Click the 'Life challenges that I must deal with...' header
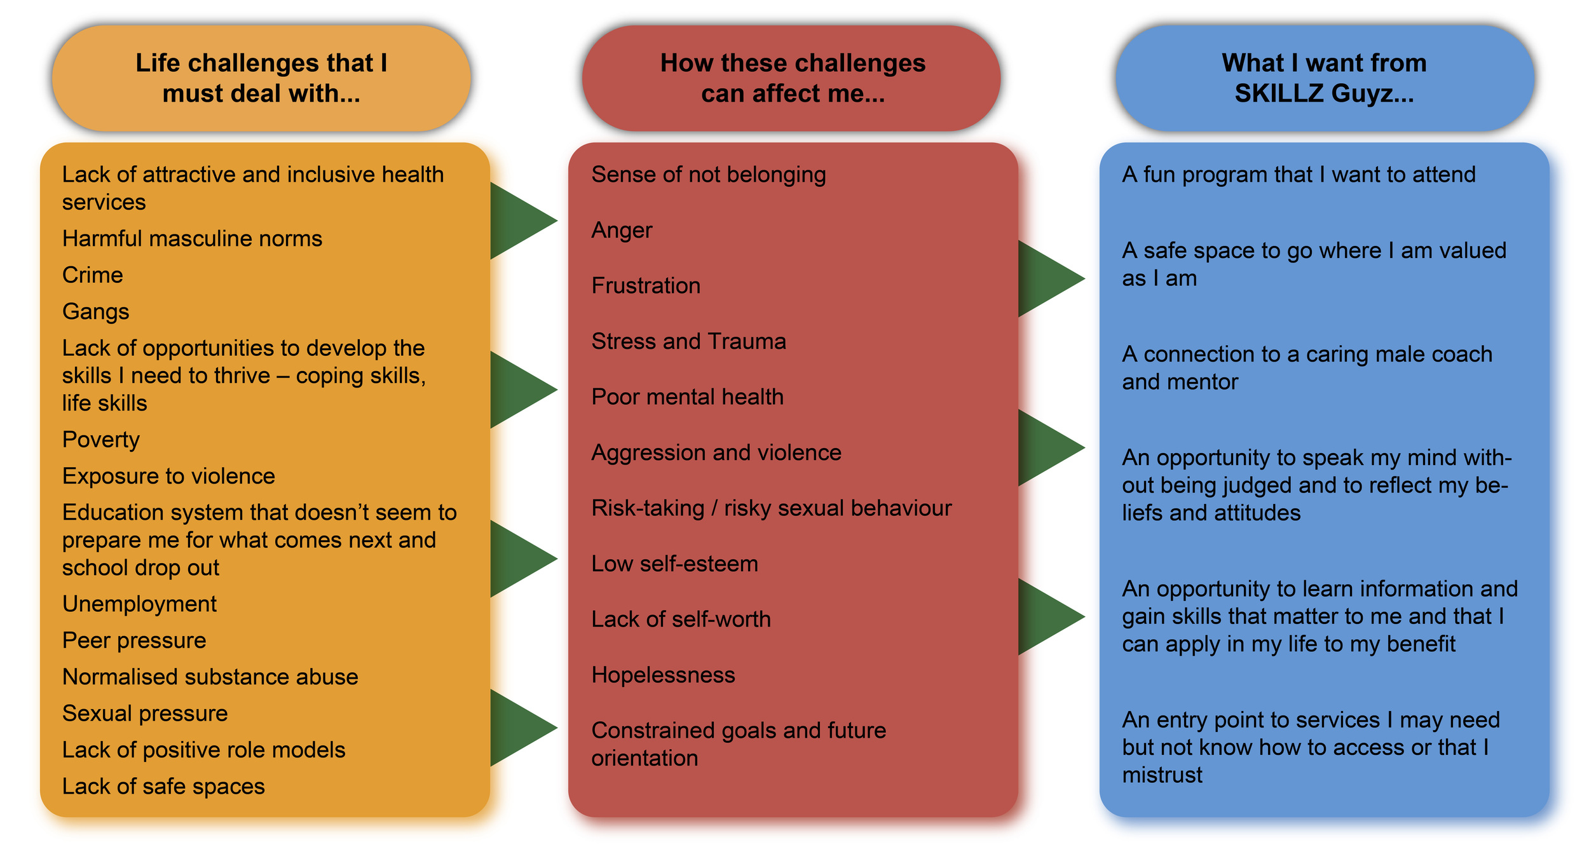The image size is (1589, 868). pyautogui.click(x=261, y=78)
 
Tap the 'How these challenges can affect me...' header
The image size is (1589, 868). pyautogui.click(x=792, y=78)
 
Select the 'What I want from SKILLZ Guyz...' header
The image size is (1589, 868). pyautogui.click(x=1324, y=78)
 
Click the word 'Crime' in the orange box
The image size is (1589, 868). pyautogui.click(x=93, y=275)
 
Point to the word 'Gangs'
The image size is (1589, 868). pyautogui.click(x=96, y=312)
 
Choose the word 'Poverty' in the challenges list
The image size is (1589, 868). pyautogui.click(x=101, y=440)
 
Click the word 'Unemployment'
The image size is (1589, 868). pyautogui.click(x=139, y=604)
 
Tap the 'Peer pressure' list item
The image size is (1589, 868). pyautogui.click(x=134, y=641)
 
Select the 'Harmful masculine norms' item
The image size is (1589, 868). pyautogui.click(x=192, y=239)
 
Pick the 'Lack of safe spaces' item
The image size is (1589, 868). pyautogui.click(x=163, y=787)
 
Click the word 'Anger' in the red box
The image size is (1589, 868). pyautogui.click(x=622, y=230)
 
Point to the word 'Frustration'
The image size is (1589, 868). pyautogui.click(x=646, y=286)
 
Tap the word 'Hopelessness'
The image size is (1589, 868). pyautogui.click(x=663, y=675)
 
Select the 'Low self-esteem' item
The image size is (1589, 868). pyautogui.click(x=674, y=564)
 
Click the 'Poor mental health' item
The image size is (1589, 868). pyautogui.click(x=687, y=397)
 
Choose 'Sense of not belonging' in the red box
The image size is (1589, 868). pyautogui.click(x=708, y=175)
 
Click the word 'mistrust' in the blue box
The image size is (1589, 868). pyautogui.click(x=1162, y=775)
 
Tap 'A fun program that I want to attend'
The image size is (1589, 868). pyautogui.click(x=1298, y=175)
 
